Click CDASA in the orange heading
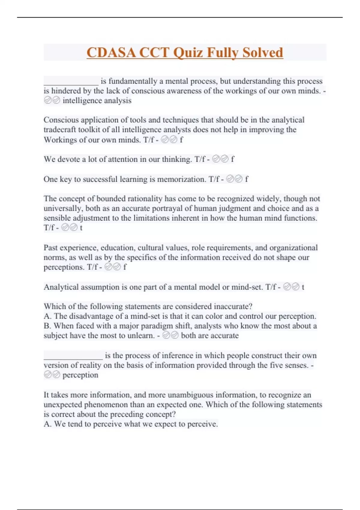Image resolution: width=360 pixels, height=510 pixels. pos(111,53)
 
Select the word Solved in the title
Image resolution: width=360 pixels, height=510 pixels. pos(262,53)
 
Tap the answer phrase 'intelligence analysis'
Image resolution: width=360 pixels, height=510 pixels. pos(97,100)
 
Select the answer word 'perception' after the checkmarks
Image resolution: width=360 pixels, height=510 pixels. pos(80,375)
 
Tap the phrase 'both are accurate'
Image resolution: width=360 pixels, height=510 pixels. pos(210,336)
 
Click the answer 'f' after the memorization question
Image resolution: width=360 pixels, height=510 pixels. pos(247,179)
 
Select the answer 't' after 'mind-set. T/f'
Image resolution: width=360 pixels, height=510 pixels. pos(303,287)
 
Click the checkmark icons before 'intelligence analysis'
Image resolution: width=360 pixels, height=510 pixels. pos(52,100)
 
